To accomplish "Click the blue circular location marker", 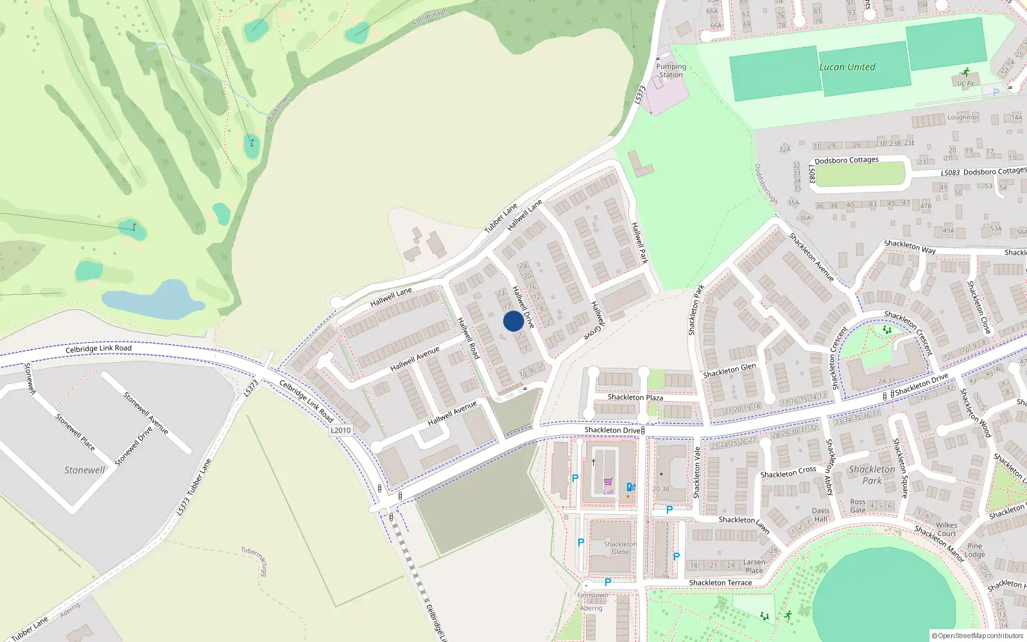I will (x=513, y=321).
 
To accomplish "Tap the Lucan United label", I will (x=847, y=67).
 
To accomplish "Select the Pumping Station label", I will (x=671, y=71).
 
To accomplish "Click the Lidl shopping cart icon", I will (x=608, y=481).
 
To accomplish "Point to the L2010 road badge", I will (x=341, y=430).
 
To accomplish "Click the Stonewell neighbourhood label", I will (x=84, y=470).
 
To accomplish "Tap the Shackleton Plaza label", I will (x=635, y=397).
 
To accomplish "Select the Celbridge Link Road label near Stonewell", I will (x=98, y=348).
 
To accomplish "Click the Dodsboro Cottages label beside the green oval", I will (x=846, y=160).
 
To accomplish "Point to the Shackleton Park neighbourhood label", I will (x=871, y=475).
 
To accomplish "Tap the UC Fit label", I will (x=965, y=83).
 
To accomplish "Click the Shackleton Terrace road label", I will (x=720, y=583).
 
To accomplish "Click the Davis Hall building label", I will (x=820, y=515).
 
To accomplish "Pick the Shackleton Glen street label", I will (x=729, y=370).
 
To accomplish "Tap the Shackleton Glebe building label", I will (x=620, y=548).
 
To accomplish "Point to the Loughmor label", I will (x=963, y=117).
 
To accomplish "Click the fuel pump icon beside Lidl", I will (x=631, y=487).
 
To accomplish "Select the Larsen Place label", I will (x=754, y=566).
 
